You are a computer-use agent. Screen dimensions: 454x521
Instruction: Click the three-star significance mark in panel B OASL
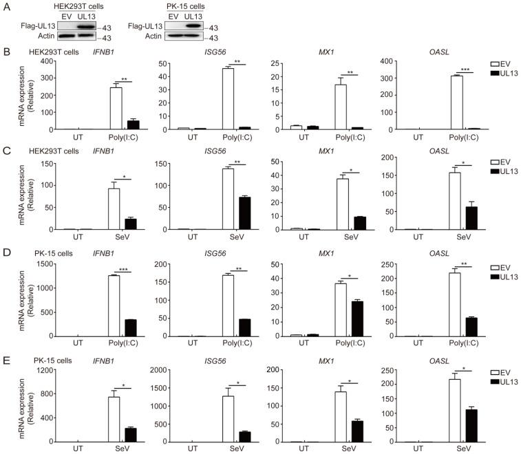pos(466,69)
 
